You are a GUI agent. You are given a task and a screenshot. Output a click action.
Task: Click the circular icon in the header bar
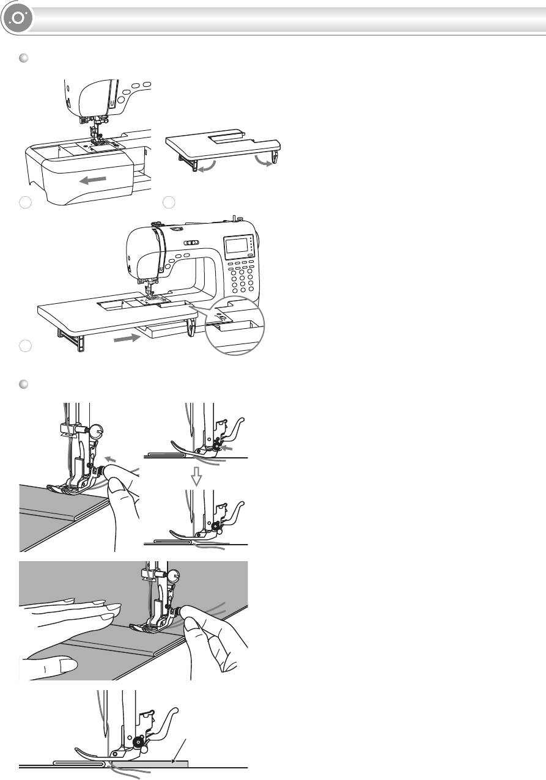tap(18, 18)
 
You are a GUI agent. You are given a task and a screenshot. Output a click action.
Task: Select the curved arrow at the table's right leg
tap(264, 161)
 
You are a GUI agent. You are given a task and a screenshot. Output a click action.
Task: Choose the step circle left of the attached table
tap(24, 346)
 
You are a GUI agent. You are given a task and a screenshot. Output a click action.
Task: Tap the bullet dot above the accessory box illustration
tap(24, 57)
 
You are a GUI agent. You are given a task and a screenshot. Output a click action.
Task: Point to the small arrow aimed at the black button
tap(227, 449)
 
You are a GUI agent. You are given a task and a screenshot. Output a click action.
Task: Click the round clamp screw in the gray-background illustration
tap(174, 575)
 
